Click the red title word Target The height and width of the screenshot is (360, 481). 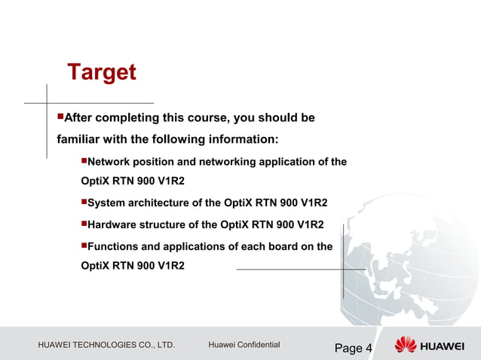click(x=102, y=73)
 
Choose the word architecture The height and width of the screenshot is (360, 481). click(x=161, y=203)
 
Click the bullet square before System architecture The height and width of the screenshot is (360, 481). click(x=84, y=203)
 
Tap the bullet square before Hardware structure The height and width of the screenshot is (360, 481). click(x=84, y=224)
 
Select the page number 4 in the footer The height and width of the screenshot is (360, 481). click(x=369, y=348)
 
